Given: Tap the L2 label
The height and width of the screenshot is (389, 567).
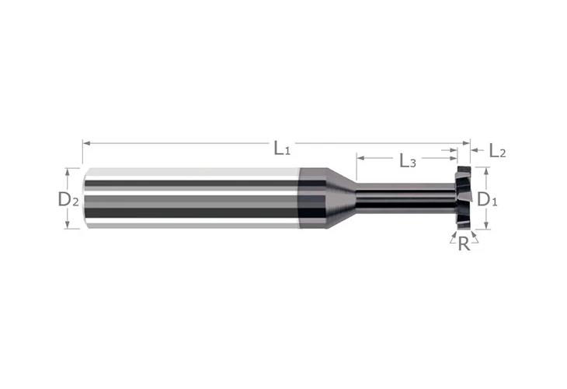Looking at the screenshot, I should pos(498,152).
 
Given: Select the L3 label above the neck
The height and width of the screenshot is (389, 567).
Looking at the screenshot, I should pos(407,161).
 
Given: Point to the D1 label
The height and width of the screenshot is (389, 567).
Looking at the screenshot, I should pos(487,199).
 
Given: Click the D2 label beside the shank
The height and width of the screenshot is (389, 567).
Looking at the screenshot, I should pos(68,199).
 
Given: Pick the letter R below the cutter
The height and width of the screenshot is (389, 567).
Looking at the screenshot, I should pos(464,244).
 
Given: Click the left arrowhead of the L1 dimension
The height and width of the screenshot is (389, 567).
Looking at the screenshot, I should pos(85,142).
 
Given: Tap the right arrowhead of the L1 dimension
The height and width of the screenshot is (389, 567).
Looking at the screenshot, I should pos(467,142).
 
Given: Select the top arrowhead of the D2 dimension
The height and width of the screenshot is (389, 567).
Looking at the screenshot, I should pos(72,170).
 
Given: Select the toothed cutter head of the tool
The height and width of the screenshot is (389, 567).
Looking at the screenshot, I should pos(464,198).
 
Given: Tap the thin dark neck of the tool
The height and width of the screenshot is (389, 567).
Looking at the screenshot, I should pos(404,198).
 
